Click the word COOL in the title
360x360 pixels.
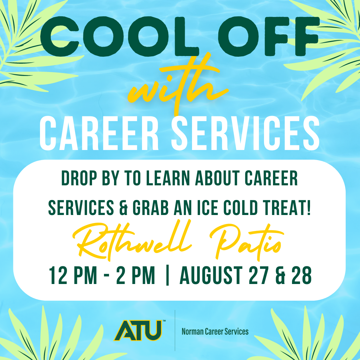(x=120, y=37)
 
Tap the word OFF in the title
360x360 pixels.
(x=268, y=37)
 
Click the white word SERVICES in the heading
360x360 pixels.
(x=245, y=133)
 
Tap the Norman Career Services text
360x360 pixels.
(x=215, y=332)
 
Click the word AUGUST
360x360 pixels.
(x=211, y=275)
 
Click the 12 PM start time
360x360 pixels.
(x=73, y=275)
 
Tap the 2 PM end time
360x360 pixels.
(x=135, y=275)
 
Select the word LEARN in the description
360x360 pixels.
(x=168, y=178)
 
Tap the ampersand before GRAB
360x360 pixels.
(x=123, y=208)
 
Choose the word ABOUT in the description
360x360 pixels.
(x=217, y=178)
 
